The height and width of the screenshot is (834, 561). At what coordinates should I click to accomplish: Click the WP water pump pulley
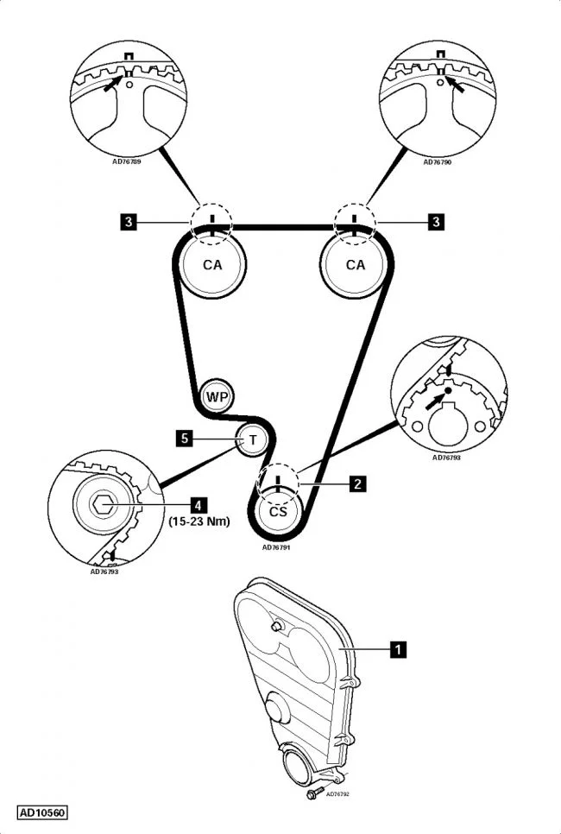click(217, 396)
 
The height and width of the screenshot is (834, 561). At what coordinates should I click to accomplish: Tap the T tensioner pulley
click(253, 439)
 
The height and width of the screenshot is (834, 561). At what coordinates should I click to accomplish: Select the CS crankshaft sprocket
click(278, 511)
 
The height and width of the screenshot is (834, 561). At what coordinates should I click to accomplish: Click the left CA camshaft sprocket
click(212, 264)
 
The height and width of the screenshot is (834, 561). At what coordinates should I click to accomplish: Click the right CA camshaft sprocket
click(356, 264)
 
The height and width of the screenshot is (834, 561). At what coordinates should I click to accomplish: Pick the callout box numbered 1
click(398, 649)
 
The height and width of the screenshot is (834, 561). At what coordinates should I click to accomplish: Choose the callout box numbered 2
click(357, 483)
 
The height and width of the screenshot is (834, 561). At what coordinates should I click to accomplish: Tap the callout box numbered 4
click(199, 505)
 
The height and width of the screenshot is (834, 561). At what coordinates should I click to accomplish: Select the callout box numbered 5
click(185, 439)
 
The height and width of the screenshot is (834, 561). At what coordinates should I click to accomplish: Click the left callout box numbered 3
click(128, 221)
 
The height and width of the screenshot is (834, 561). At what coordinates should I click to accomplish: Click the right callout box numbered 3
click(436, 221)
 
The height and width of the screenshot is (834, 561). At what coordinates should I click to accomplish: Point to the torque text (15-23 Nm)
click(199, 521)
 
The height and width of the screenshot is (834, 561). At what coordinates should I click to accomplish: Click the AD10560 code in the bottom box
click(42, 813)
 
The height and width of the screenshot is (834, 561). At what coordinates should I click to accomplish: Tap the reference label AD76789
click(127, 161)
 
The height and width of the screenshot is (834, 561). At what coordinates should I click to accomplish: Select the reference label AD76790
click(437, 161)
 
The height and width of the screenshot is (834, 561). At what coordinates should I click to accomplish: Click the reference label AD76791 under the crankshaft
click(276, 547)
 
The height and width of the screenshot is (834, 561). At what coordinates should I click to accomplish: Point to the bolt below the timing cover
click(313, 793)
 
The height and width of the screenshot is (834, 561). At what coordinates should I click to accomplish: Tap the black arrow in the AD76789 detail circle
click(113, 85)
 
